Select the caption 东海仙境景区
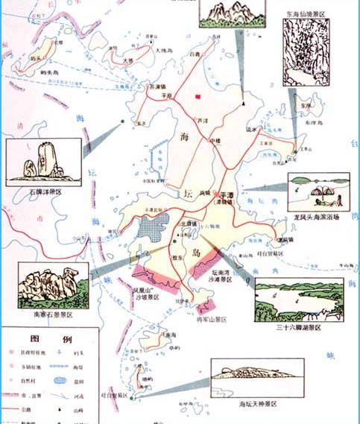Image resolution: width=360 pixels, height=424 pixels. click(304, 13)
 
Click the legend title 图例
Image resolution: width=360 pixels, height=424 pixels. click(49, 339)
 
